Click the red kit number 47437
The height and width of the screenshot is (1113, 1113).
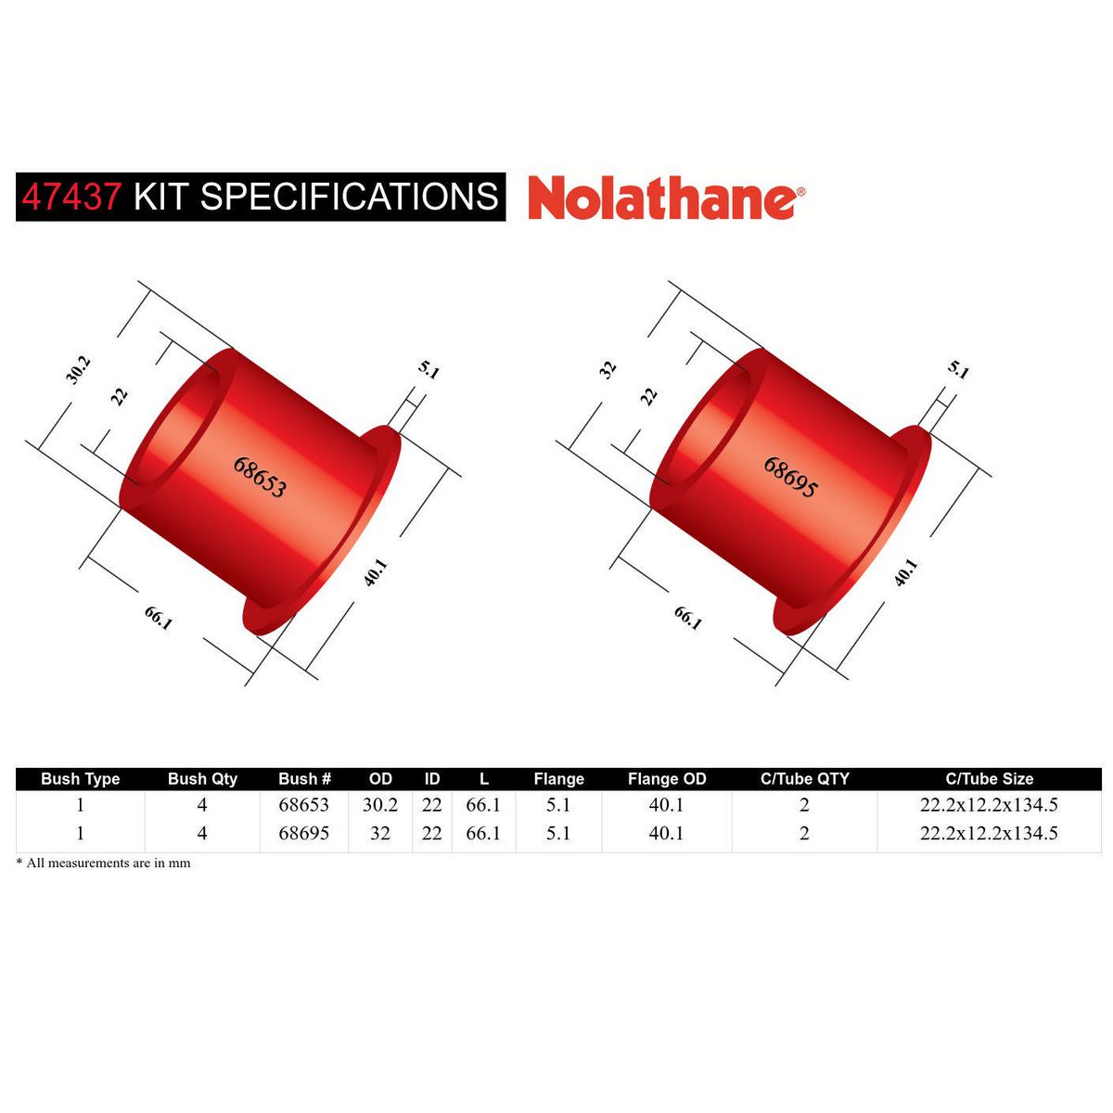coord(70,197)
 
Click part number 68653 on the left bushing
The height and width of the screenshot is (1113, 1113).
coord(259,476)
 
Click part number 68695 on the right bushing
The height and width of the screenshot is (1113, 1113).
coord(790,477)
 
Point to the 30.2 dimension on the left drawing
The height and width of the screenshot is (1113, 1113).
coord(79,368)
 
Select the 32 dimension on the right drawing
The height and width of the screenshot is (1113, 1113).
coord(608,369)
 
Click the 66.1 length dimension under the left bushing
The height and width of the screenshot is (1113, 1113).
coord(159,618)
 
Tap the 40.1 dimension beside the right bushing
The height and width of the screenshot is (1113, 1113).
coord(906,571)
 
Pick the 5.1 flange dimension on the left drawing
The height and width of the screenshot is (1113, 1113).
coord(429,369)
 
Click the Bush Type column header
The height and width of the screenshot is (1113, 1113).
coord(81,779)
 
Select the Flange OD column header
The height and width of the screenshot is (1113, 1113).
coord(666,779)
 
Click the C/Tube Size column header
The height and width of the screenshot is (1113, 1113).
coord(989,779)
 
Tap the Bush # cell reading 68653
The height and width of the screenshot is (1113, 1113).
coord(304,805)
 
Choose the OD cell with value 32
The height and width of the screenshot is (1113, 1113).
coord(380,833)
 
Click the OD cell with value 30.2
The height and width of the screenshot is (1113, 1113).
coord(380,805)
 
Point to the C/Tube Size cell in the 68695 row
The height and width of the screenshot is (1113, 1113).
coord(989,833)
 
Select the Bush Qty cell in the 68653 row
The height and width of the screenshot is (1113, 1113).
coord(202,805)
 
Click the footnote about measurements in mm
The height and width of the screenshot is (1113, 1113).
coord(104,863)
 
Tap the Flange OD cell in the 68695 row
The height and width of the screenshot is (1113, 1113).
coord(666,833)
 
